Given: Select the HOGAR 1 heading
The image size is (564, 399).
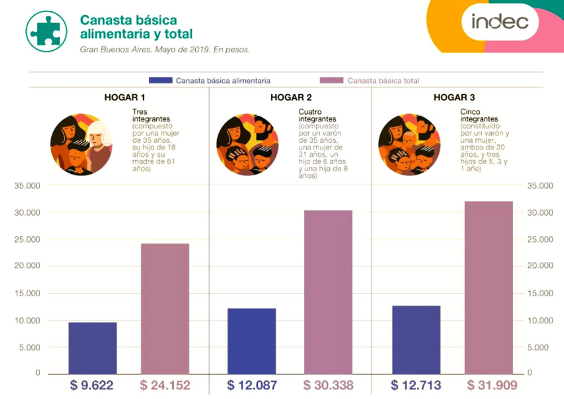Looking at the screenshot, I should [121, 97].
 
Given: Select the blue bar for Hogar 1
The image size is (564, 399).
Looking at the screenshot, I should [92, 348].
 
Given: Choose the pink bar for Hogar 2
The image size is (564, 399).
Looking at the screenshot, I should [328, 292].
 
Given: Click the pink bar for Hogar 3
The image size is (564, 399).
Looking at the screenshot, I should [489, 287].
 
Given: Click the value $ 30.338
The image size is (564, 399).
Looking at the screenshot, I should [328, 385].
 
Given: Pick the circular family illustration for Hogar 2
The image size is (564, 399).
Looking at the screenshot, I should [248, 144].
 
